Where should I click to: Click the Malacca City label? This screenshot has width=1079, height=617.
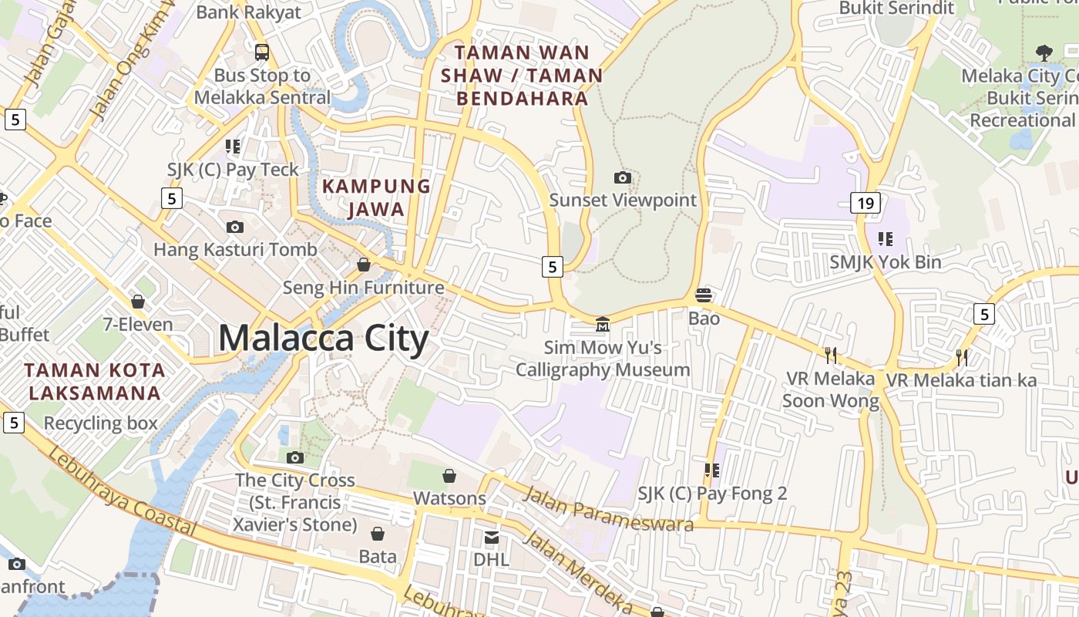(323, 339)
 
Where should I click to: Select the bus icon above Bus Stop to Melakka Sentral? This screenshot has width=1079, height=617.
(262, 52)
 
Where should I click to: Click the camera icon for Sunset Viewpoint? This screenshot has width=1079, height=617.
(623, 178)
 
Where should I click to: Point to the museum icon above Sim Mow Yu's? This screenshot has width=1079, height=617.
(603, 325)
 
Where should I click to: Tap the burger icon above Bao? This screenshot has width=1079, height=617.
(704, 295)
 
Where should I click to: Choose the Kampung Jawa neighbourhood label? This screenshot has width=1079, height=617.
(376, 197)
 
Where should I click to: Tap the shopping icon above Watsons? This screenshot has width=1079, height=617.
(449, 476)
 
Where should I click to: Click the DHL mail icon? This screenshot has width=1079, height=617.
(491, 537)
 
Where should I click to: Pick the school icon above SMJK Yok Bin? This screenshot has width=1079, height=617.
(885, 239)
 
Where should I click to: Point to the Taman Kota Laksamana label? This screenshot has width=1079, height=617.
(94, 381)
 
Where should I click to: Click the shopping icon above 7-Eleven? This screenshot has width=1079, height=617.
(139, 302)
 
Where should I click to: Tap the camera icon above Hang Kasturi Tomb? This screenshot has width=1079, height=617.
(235, 227)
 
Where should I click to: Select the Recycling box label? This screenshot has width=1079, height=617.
(100, 423)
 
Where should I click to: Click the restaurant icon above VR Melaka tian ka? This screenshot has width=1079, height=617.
(961, 357)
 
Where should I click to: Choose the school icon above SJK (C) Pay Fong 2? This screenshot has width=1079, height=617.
(711, 470)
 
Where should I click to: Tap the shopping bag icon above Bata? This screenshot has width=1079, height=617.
(378, 534)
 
